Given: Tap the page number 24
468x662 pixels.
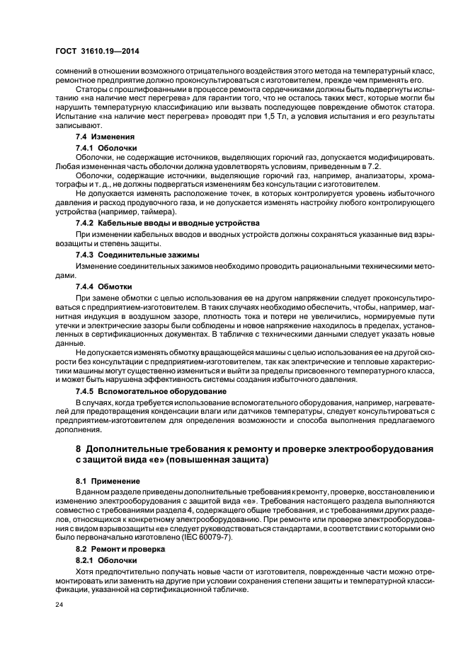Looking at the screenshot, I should (x=58, y=605).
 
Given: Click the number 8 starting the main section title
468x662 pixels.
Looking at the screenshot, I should (x=79, y=449).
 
